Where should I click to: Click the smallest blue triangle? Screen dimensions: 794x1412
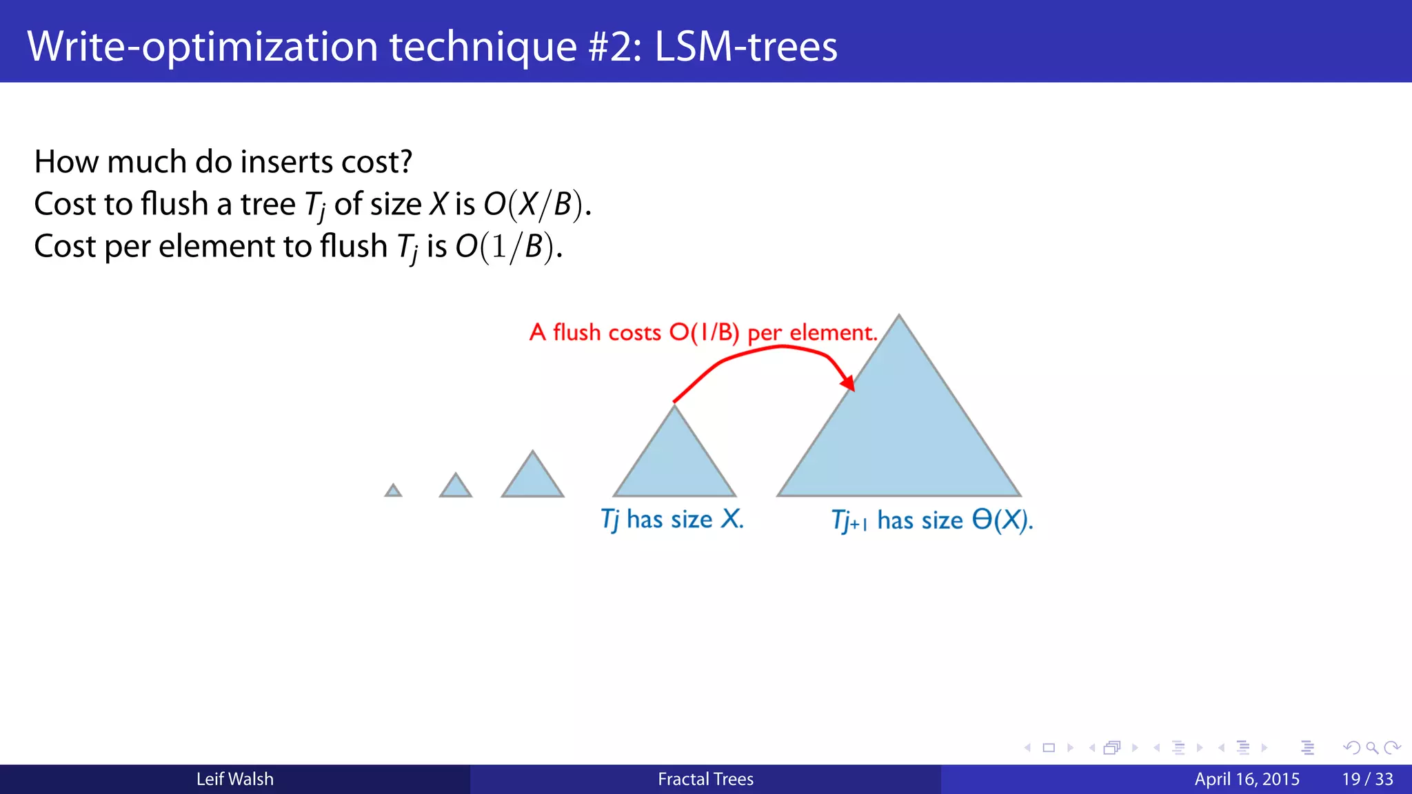pos(393,491)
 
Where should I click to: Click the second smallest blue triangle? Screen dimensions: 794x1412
pos(456,487)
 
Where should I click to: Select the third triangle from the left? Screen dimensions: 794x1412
pos(532,480)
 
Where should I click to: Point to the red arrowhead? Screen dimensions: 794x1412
pos(849,383)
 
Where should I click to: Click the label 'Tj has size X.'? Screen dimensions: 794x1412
pos(672,519)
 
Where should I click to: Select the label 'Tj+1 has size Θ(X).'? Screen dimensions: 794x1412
pos(931,520)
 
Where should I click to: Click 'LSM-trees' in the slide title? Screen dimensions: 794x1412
pos(745,46)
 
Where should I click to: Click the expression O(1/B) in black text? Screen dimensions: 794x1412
pos(507,247)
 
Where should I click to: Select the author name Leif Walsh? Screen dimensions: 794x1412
pos(234,779)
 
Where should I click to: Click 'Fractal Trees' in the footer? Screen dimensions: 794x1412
pos(705,779)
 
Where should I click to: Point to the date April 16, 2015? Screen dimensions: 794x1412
pos(1247,779)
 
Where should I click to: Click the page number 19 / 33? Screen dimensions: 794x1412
pos(1367,779)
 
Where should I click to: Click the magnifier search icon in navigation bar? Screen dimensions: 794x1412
pos(1371,748)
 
